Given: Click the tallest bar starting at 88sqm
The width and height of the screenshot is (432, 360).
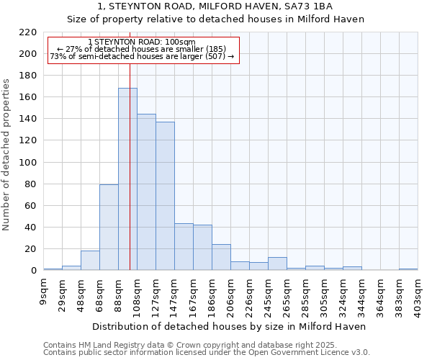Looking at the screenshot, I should tap(127, 179).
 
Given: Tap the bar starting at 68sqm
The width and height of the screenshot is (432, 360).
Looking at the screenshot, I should tap(109, 228).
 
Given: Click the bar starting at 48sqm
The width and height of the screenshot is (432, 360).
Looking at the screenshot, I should tap(90, 261).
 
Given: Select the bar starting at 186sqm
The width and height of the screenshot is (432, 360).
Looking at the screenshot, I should tap(221, 257).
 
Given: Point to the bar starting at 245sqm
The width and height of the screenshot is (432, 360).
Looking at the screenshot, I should tap(277, 264).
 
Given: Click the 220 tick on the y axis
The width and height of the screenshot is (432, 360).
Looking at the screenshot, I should tap(29, 32).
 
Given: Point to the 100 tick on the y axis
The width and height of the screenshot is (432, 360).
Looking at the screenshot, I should tap(29, 163).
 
